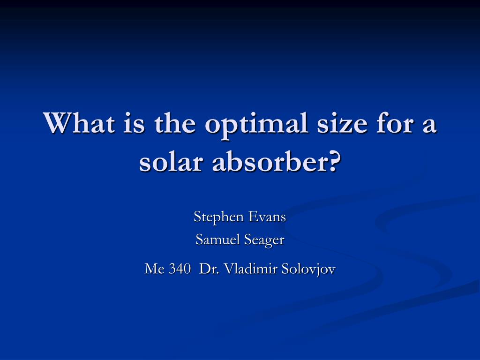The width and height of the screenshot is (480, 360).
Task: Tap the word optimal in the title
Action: (x=256, y=125)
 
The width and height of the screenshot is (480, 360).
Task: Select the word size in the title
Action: (x=342, y=123)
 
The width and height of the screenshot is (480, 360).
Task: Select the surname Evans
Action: (x=267, y=217)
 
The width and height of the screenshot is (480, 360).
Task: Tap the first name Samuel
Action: (x=217, y=239)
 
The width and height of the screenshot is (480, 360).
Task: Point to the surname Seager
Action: (x=264, y=240)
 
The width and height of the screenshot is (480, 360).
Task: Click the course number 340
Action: (x=180, y=269)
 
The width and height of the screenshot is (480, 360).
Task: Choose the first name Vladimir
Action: (x=251, y=269)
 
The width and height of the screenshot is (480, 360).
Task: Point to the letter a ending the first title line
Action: (x=430, y=126)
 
